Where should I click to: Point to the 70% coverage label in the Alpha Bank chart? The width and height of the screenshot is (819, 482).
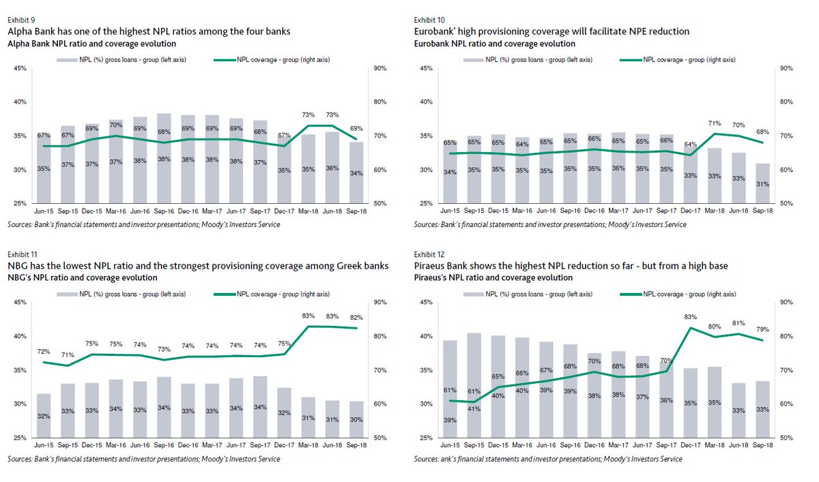[x=116, y=125]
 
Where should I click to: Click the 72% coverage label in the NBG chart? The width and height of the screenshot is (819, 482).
[x=44, y=351]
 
